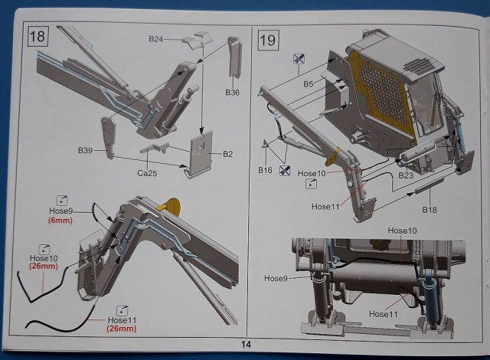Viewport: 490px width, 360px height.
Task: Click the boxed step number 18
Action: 38,36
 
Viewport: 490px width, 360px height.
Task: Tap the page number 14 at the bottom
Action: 245,345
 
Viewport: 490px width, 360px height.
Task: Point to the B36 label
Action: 233,93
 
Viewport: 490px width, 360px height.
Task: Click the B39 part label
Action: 86,151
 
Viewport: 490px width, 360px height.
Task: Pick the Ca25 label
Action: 148,173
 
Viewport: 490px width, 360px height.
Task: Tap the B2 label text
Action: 227,154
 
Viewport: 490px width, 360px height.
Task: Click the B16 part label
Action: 266,169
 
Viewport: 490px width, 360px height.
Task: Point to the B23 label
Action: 406,175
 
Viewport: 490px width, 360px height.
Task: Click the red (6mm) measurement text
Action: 59,219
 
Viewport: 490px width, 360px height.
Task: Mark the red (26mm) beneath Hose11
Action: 122,329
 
